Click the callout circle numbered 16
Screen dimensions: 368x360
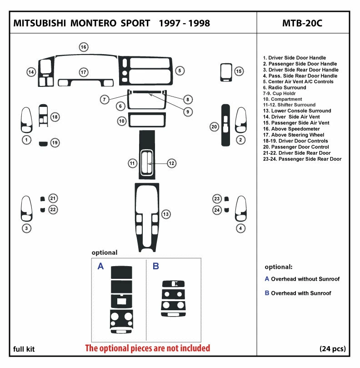[84, 47]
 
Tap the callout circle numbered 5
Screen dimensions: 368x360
[180, 71]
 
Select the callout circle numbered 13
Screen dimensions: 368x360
[166, 214]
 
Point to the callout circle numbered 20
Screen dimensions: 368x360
[214, 126]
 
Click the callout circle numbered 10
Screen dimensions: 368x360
[121, 121]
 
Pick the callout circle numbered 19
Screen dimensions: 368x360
[55, 143]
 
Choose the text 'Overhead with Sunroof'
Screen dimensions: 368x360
[301, 293]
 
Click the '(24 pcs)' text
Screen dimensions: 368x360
[332, 349]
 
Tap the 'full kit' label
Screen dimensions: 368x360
[24, 349]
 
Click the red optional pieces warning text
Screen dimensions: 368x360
[148, 348]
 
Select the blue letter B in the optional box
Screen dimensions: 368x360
[155, 267]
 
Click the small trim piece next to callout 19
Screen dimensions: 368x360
[42, 144]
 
